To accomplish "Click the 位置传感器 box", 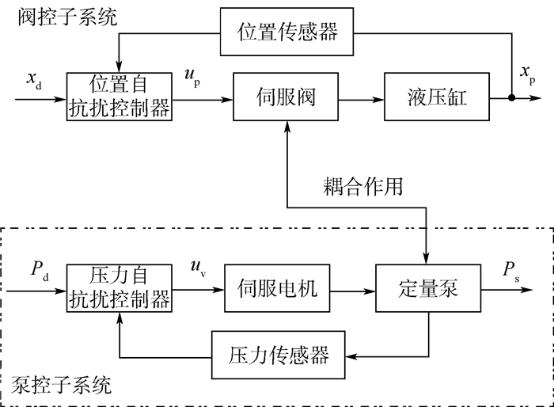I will [287, 32].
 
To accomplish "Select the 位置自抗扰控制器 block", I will [119, 97].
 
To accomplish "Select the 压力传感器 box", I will [279, 354].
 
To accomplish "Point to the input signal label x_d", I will [34, 80].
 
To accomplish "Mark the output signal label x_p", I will [527, 74].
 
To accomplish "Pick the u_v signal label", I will [194, 268].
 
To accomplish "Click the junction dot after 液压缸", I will [512, 98].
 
